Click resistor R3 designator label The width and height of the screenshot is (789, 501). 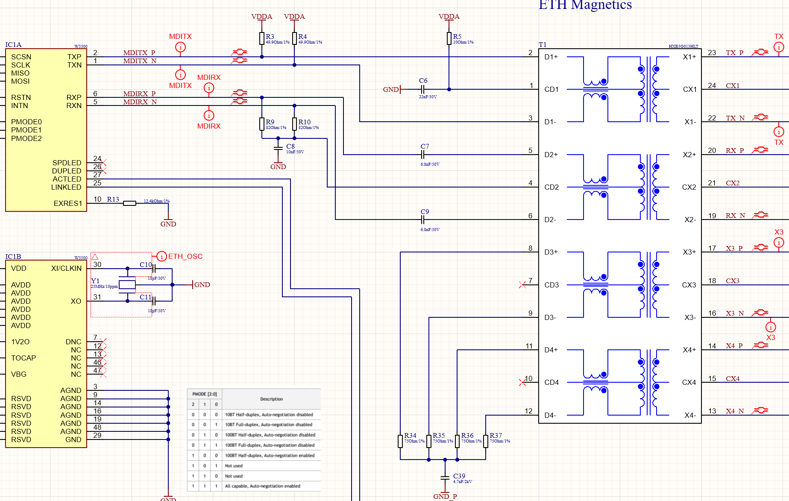270,37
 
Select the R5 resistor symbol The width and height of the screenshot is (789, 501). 449,38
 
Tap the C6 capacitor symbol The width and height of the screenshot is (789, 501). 422,89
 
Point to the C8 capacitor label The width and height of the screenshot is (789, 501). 290,146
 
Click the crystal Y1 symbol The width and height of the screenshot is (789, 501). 127,285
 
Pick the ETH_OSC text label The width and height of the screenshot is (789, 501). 185,256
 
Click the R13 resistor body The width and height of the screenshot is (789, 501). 129,203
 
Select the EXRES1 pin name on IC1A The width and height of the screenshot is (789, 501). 67,203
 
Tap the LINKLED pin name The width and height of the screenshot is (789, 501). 66,187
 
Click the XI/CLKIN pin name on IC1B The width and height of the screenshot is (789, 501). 66,268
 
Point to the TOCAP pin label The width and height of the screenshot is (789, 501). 23,358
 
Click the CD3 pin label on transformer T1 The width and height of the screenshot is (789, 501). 551,285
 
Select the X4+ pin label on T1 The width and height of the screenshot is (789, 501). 689,350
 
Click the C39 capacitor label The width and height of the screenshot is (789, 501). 459,476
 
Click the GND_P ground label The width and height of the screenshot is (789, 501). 445,496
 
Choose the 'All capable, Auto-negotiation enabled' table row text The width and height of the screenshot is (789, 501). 262,486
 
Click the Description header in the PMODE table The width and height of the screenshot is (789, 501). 271,399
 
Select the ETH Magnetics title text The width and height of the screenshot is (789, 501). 585,5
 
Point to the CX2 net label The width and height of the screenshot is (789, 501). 732,183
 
